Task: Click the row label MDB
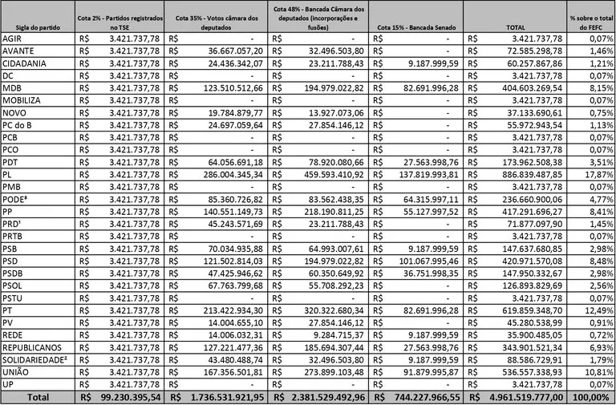pos(13,87)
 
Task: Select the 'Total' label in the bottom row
pos(37,397)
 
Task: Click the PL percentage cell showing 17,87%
pos(593,173)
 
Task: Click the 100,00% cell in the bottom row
pos(591,397)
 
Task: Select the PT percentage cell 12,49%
pos(593,310)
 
